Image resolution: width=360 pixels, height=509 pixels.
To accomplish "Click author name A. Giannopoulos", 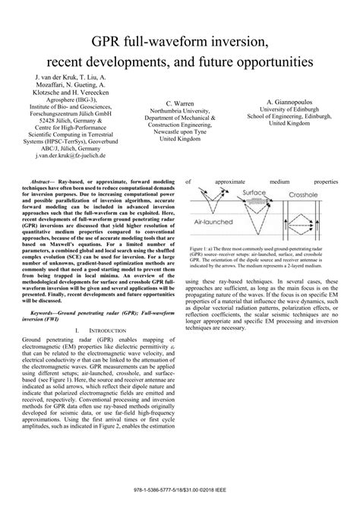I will pos(291,101).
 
